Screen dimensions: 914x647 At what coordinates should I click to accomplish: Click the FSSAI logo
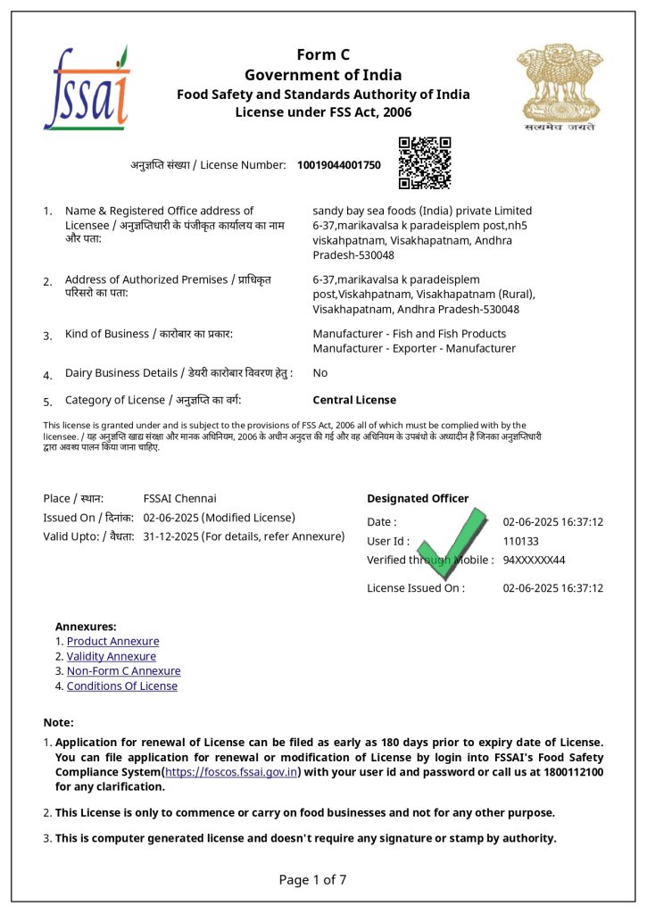pos(87,87)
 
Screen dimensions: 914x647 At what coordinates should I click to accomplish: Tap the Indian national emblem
pos(560,87)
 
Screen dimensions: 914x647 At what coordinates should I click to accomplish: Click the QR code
pos(424,162)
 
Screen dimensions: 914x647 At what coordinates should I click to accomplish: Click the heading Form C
pos(323,55)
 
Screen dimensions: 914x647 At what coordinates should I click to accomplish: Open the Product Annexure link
pos(112,641)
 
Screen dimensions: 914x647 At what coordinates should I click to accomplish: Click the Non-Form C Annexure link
pos(123,671)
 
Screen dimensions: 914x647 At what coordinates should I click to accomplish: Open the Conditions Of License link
pos(121,686)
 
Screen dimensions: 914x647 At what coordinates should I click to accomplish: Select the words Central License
pos(354,400)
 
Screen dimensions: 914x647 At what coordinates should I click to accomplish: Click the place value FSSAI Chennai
pos(179,498)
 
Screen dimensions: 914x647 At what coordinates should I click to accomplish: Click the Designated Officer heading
pos(417,498)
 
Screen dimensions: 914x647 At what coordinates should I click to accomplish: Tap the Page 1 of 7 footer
pos(312,879)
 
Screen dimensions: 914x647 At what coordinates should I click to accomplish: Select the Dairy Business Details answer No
pos(319,372)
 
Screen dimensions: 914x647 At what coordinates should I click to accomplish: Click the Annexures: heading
pos(86,627)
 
